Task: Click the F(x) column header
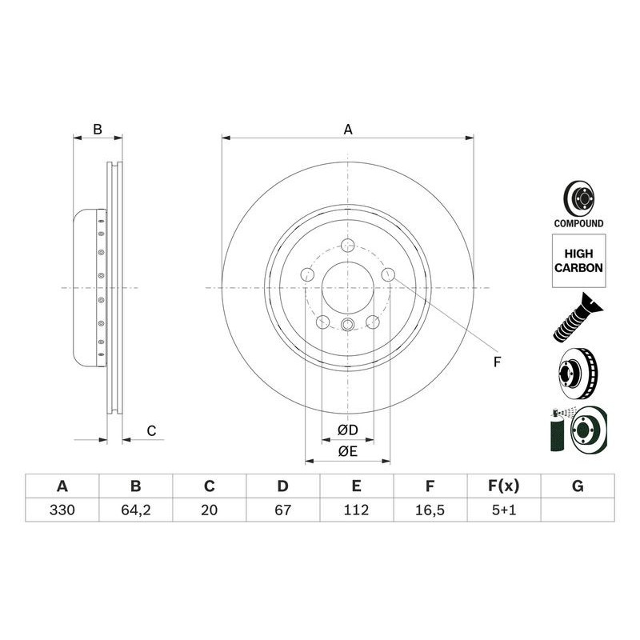click(503, 486)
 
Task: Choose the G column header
click(578, 486)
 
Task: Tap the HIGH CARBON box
click(578, 261)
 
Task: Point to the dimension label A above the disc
click(348, 129)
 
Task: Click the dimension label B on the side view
click(97, 129)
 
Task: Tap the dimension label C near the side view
click(150, 431)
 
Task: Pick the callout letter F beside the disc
click(497, 362)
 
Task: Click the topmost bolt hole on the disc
click(347, 246)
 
